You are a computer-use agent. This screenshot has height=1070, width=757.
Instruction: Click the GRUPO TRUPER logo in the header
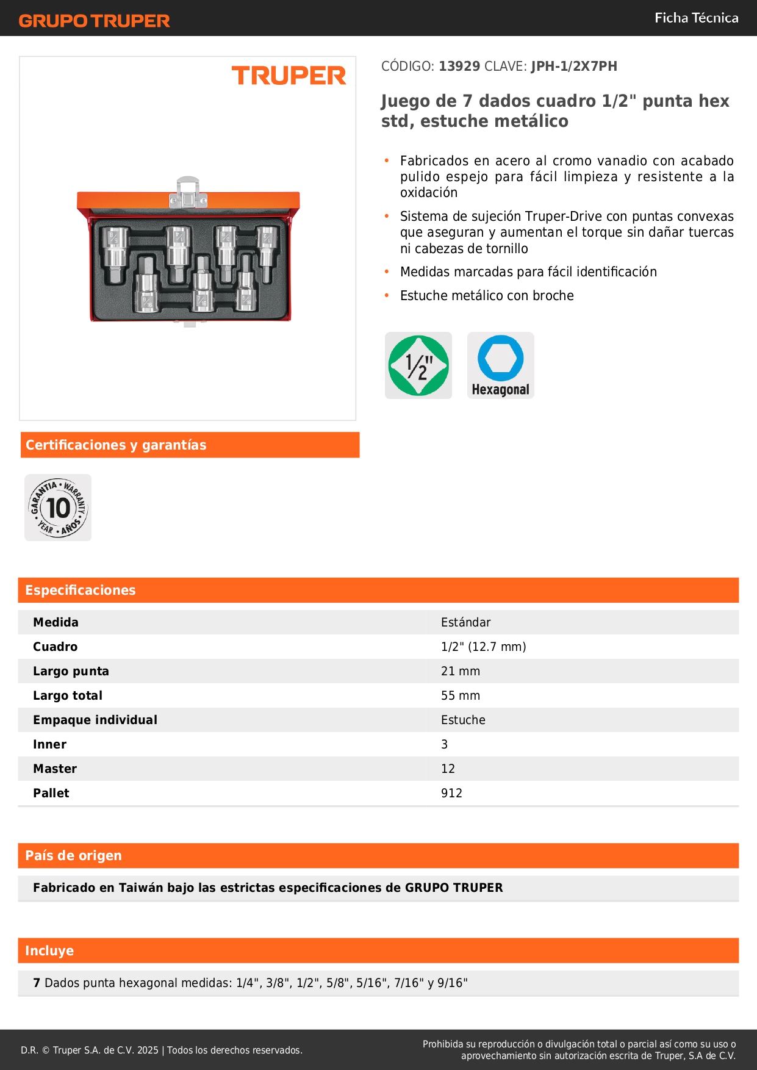click(x=94, y=21)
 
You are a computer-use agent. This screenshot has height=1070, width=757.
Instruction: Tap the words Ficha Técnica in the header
click(x=696, y=18)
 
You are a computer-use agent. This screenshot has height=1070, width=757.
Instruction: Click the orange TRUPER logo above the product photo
click(x=289, y=76)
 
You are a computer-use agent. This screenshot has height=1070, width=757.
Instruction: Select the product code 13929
click(x=459, y=66)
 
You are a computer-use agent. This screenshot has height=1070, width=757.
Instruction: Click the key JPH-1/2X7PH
click(x=573, y=66)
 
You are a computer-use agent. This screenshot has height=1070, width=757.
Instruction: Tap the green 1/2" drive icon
click(x=418, y=365)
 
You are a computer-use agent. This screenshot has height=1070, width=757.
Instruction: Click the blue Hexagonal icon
click(x=500, y=365)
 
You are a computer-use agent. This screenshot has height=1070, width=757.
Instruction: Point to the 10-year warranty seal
click(x=58, y=508)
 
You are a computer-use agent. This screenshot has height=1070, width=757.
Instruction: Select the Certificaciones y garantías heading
click(x=116, y=445)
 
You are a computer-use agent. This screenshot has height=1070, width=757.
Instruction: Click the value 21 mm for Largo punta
click(x=461, y=671)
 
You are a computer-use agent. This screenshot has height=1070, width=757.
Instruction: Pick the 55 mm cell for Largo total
click(x=461, y=695)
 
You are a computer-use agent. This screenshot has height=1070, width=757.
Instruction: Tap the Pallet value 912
click(x=451, y=793)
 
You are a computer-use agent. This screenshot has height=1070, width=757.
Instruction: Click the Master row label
click(x=55, y=769)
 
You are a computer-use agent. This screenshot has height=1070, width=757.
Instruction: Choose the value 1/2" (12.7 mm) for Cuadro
click(x=483, y=647)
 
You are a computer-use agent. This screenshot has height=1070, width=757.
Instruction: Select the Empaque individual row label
click(x=95, y=720)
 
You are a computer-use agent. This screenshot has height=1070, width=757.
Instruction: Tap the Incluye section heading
click(x=49, y=950)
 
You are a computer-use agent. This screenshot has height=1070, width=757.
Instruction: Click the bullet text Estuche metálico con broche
click(x=487, y=295)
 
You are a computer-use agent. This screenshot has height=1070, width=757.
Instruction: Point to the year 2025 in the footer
click(x=148, y=1050)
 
